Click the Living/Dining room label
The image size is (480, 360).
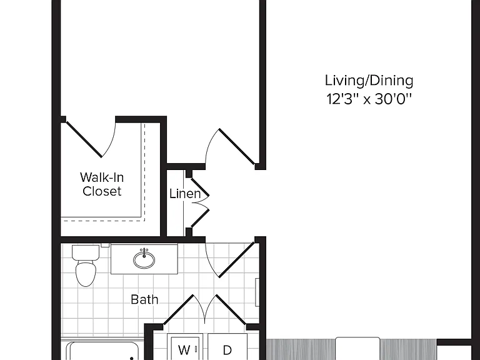pyautogui.click(x=369, y=81)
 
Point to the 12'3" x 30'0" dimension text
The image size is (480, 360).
pyautogui.click(x=369, y=99)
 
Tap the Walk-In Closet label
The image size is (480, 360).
pyautogui.click(x=102, y=184)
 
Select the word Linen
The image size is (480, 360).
pyautogui.click(x=185, y=194)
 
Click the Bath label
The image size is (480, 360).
pyautogui.click(x=144, y=299)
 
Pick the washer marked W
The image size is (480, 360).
pyautogui.click(x=185, y=348)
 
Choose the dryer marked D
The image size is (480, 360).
pyautogui.click(x=227, y=348)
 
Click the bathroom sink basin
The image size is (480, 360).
pyautogui.click(x=144, y=260)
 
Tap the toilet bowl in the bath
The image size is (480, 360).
pyautogui.click(x=86, y=273)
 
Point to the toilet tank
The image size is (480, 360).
pyautogui.click(x=86, y=252)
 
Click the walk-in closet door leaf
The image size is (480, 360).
pyautogui.click(x=84, y=139)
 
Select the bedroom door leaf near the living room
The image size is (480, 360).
pyautogui.click(x=237, y=147)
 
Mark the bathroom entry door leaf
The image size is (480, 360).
pyautogui.click(x=237, y=260)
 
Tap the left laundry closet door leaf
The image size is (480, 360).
pyautogui.click(x=179, y=309)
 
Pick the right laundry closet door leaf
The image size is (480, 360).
pyautogui.click(x=231, y=309)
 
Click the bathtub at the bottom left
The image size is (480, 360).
pyautogui.click(x=102, y=351)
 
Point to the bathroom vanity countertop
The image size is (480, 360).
pyautogui.click(x=144, y=259)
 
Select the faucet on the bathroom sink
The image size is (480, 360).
pyautogui.click(x=144, y=253)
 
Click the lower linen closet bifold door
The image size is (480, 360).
pyautogui.click(x=200, y=218)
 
